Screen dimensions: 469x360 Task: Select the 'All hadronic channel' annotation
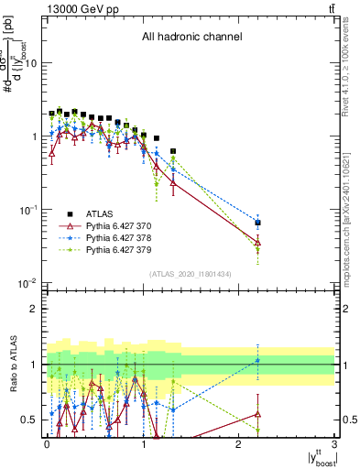(191, 38)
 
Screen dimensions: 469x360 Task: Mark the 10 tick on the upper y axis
(31, 63)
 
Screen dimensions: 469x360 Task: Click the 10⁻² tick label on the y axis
(27, 282)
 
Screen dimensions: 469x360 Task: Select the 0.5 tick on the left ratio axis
(30, 420)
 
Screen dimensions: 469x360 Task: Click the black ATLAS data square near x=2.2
(257, 223)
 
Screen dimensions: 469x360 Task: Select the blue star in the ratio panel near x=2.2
(257, 360)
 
